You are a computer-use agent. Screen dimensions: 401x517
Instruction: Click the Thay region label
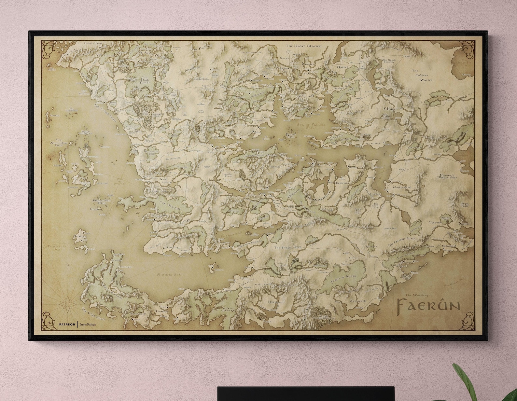pos(389,109)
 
